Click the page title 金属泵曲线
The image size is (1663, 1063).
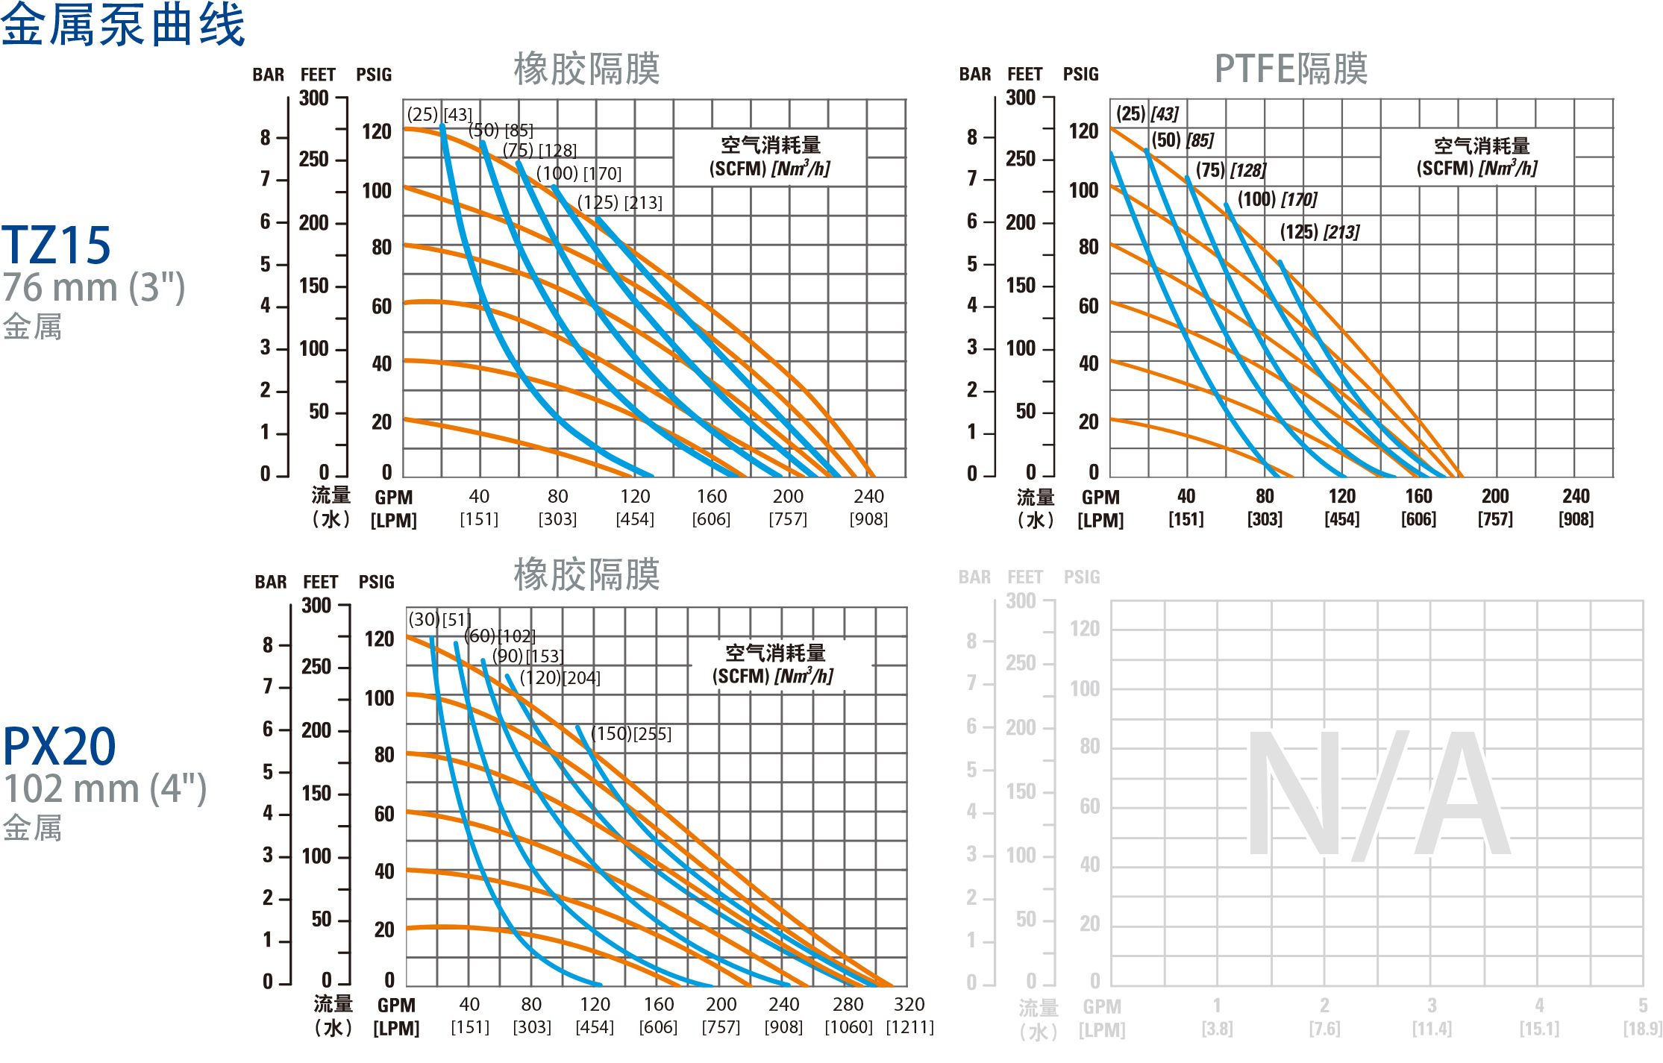[123, 25]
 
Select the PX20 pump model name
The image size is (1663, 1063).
[59, 746]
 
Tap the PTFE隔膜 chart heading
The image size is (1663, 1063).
[1291, 69]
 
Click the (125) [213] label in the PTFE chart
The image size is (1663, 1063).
[1319, 232]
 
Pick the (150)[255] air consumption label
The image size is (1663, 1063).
[630, 734]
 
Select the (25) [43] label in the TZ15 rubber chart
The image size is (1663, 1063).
[439, 115]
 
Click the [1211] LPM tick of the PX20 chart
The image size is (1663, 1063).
[909, 1027]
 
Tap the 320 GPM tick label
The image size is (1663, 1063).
[909, 1004]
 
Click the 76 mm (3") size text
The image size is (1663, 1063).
[94, 288]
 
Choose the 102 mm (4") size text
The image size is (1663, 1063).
[104, 789]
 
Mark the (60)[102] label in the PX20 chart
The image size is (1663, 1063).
[499, 636]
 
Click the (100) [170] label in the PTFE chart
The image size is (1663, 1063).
[1277, 200]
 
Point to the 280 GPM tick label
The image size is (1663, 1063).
[848, 1004]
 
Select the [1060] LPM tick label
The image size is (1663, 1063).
[848, 1027]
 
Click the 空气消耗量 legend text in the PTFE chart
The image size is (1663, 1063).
[1481, 145]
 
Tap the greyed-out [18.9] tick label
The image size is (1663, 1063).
[1642, 1029]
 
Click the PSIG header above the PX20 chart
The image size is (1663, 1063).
[376, 582]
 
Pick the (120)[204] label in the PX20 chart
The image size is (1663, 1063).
[560, 678]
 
